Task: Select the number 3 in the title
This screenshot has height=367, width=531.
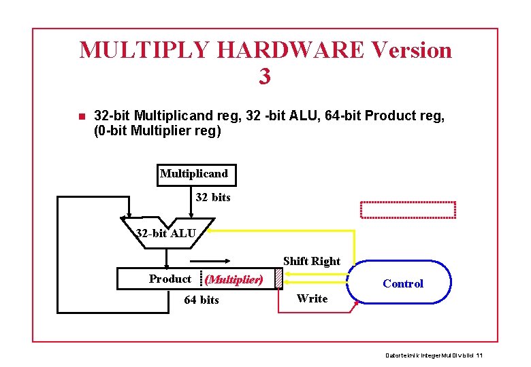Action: click(265, 76)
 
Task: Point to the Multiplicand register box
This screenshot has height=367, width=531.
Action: click(194, 174)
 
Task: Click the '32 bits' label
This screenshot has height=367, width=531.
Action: click(213, 198)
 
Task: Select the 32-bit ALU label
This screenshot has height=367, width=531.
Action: click(166, 234)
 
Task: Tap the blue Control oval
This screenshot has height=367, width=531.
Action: click(402, 283)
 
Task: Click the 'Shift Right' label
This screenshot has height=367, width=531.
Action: click(311, 261)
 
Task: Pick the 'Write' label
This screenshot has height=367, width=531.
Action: click(312, 298)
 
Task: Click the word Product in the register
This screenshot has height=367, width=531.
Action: click(170, 279)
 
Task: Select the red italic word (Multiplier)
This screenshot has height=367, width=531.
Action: click(234, 279)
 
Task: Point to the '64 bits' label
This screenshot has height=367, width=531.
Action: click(202, 300)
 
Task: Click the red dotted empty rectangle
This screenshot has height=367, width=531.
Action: click(408, 210)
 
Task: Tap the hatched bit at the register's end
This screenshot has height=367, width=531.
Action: click(278, 279)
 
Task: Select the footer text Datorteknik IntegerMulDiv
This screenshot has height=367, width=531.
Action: click(434, 355)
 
